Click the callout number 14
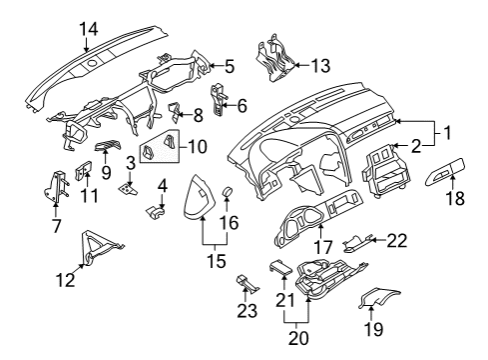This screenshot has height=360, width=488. click(x=89, y=29)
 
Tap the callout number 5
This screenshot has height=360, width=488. click(x=230, y=66)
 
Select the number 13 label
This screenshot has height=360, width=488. click(x=320, y=66)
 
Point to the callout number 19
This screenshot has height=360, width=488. click(x=374, y=329)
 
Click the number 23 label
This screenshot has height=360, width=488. click(x=247, y=311)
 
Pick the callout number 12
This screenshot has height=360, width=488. click(x=66, y=280)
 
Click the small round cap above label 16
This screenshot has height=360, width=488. click(x=228, y=192)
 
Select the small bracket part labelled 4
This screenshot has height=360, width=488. click(x=156, y=212)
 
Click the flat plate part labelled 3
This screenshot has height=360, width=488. click(x=128, y=190)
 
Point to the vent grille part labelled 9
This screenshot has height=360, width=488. click(x=108, y=145)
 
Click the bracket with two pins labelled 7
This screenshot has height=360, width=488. click(x=55, y=187)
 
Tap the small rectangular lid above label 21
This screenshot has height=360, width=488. click(x=280, y=267)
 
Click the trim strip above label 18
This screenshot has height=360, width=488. click(x=445, y=172)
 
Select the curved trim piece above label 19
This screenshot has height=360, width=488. click(x=378, y=297)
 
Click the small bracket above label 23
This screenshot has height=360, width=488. click(x=247, y=284)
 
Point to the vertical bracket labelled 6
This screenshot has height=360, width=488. click(x=218, y=100)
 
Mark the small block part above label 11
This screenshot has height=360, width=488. click(x=84, y=170)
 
